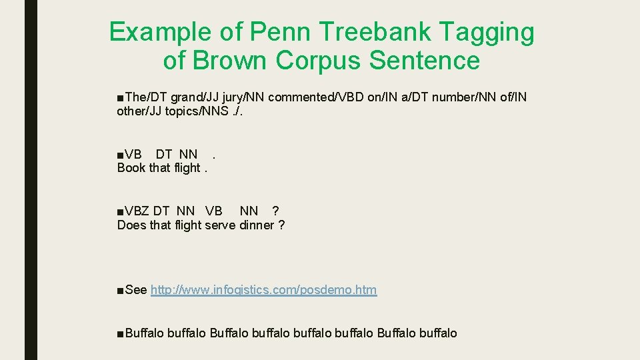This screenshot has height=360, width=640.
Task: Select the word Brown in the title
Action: pyautogui.click(x=230, y=61)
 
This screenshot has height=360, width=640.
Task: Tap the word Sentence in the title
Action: pyautogui.click(x=424, y=61)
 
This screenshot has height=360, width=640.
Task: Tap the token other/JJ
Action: pyautogui.click(x=135, y=111)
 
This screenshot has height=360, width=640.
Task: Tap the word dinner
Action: pyautogui.click(x=257, y=225)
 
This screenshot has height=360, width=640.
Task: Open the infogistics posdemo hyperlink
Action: pyautogui.click(x=263, y=290)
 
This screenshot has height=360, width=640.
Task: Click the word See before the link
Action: pyautogui.click(x=135, y=290)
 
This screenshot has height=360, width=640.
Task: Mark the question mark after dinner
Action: pyautogui.click(x=281, y=225)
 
